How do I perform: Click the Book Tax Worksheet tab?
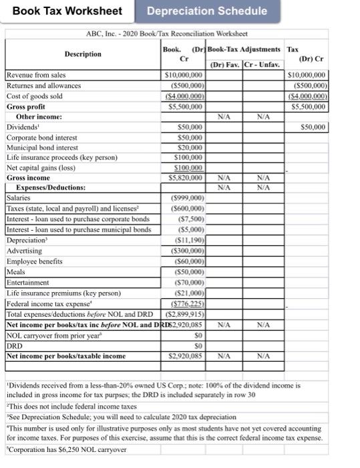tap(67, 11)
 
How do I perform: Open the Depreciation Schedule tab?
tap(207, 11)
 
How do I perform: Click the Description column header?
tap(83, 54)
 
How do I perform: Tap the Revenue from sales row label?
tap(36, 76)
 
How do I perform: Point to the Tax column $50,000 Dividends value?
tap(313, 126)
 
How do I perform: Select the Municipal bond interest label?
tap(42, 147)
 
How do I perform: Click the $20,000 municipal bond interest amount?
tap(189, 147)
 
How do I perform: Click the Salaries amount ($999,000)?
tap(184, 199)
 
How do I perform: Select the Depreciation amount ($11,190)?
tap(187, 239)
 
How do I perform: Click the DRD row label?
tap(14, 344)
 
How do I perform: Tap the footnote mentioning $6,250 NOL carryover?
tap(67, 449)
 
